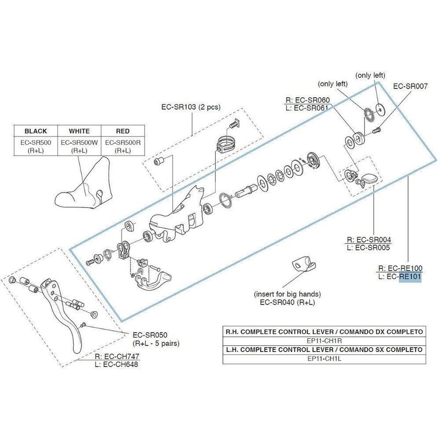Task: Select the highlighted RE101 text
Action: pyautogui.click(x=410, y=277)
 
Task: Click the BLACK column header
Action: pyautogui.click(x=35, y=131)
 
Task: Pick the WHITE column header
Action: pyautogui.click(x=79, y=131)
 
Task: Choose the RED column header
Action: pyautogui.click(x=123, y=131)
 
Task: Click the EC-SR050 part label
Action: pyautogui.click(x=150, y=334)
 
